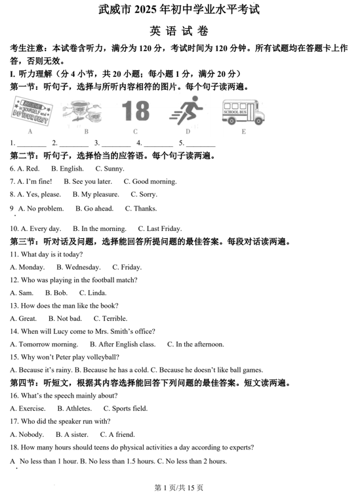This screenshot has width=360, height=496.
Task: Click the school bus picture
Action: tap(243, 112)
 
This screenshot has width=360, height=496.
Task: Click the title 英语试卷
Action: tap(179, 31)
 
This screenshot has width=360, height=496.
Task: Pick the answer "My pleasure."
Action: tap(96, 194)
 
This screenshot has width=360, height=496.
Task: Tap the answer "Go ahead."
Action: tap(94, 209)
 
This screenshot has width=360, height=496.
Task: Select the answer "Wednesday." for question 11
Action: tap(78, 267)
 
